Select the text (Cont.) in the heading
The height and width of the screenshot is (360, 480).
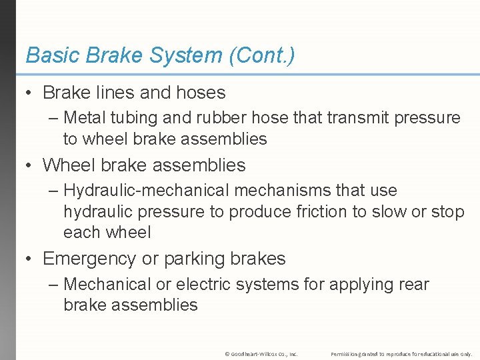pos(261,56)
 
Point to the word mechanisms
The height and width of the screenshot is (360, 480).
pos(273,191)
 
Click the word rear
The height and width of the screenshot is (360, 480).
pos(413,285)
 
